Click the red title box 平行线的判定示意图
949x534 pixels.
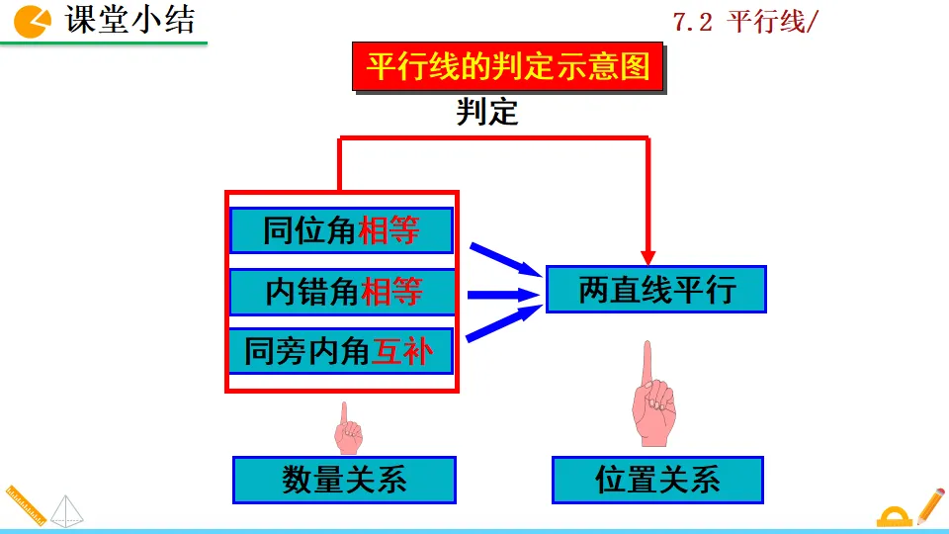[x=508, y=67]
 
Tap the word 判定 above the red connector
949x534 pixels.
[x=486, y=113]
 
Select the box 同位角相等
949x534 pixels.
[x=341, y=230]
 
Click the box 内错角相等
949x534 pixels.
[x=342, y=292]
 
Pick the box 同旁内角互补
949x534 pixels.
[x=341, y=351]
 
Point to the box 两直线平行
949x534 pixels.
[x=656, y=290]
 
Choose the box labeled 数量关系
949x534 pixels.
[x=344, y=480]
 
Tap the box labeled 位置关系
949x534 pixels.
[x=657, y=480]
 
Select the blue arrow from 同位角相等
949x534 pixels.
[x=504, y=258]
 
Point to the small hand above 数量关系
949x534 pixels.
[x=348, y=428]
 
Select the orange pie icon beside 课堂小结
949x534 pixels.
[x=34, y=20]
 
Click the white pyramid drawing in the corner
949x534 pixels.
[x=68, y=509]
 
